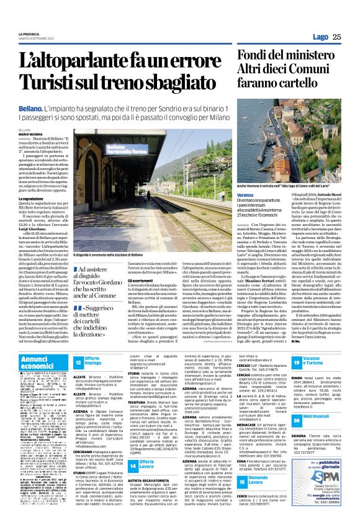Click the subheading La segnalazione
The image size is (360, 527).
click(34, 199)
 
